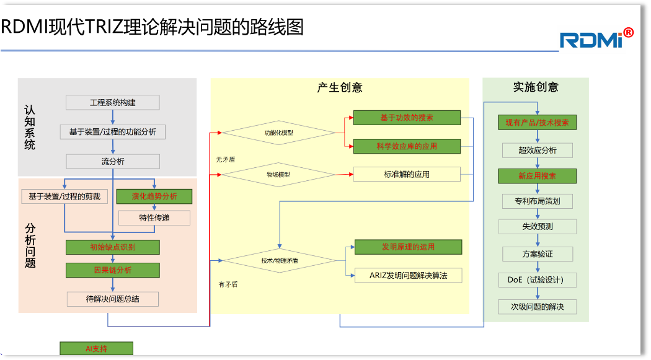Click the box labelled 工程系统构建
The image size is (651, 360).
point(112,102)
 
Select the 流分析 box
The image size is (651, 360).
point(112,161)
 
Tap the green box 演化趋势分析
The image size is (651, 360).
point(154,196)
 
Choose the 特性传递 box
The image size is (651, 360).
point(154,217)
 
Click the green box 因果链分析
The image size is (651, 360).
point(112,270)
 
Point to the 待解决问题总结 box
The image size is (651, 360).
point(112,299)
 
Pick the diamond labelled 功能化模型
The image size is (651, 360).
point(279,133)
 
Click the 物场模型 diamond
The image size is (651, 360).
point(278,175)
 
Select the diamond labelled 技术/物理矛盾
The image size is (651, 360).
point(279,261)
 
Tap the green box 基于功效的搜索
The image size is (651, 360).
point(407,118)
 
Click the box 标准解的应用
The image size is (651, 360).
point(407,175)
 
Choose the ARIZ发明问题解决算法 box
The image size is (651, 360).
point(408,275)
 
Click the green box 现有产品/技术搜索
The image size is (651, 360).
point(537,123)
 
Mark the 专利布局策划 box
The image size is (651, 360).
point(537,201)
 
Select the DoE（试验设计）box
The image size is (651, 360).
point(537,279)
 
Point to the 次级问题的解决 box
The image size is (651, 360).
point(537,307)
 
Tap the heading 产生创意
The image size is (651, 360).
point(340,87)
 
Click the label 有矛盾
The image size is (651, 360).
point(228,284)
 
